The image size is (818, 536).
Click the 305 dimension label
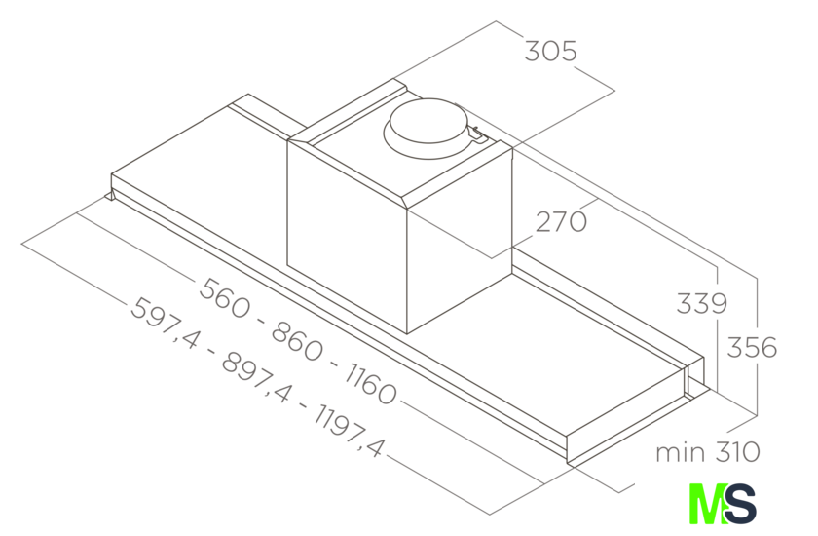point(550,51)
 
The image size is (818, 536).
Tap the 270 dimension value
point(561,222)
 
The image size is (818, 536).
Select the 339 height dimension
point(702,303)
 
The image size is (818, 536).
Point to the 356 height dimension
point(752,347)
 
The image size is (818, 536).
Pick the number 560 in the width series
point(225,297)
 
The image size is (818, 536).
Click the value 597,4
point(165,324)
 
